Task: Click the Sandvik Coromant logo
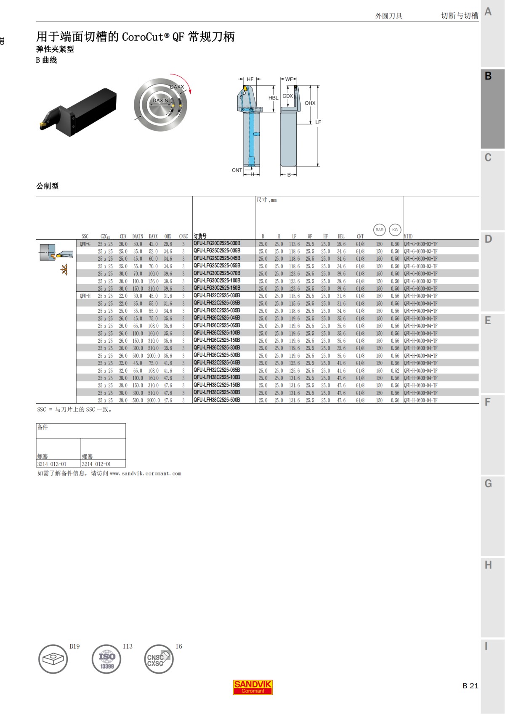pos(252,688)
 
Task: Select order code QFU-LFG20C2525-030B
pos(217,243)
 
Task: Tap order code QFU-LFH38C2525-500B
pos(217,400)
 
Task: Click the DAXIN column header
pos(138,236)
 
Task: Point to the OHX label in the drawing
pos(310,103)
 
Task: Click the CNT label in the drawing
pos(237,170)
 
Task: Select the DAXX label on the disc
pos(177,87)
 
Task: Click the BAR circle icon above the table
pos(379,230)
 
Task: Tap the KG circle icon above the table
pos(395,230)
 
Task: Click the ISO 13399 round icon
pos(106,659)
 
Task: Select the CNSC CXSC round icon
pos(159,659)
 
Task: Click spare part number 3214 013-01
pos(52,464)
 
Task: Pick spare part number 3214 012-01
pos(96,464)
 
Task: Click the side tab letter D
pos(488,239)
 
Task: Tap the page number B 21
pos(470,686)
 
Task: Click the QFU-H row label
pos(85,296)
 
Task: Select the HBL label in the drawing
pos(273,98)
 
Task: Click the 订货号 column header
pos(200,236)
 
